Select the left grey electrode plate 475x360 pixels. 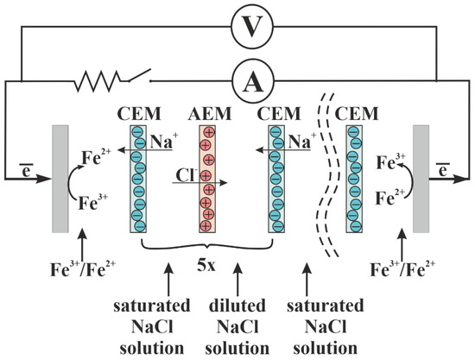[x=60, y=179]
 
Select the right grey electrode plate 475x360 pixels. [x=421, y=179]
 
